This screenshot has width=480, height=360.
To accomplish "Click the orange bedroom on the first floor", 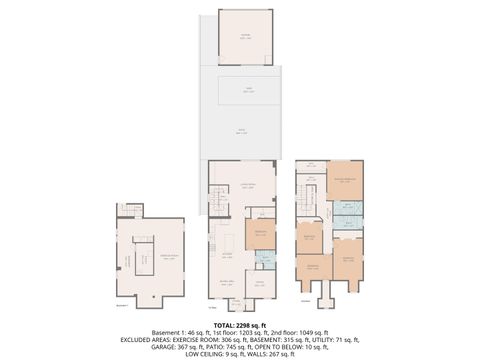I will (x=260, y=235).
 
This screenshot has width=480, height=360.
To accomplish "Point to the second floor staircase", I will (x=311, y=200).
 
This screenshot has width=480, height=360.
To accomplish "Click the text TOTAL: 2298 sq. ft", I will (x=240, y=325).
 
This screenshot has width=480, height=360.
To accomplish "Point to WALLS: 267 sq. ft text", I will (x=270, y=353).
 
